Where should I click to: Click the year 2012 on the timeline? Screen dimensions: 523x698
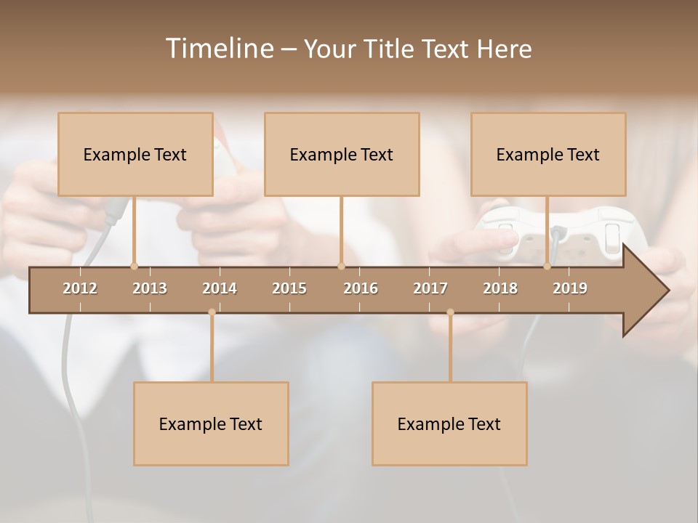(x=80, y=288)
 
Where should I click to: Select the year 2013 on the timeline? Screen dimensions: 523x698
(x=150, y=288)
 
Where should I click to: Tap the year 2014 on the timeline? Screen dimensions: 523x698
(x=220, y=288)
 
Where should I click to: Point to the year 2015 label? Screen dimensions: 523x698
(x=289, y=288)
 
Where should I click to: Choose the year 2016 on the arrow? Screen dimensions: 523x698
(x=361, y=288)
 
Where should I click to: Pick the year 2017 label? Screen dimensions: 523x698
(x=430, y=288)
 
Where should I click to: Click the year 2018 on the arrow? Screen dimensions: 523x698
(x=500, y=288)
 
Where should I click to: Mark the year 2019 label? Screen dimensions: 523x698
(x=570, y=288)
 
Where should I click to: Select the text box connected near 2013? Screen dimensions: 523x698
(x=135, y=154)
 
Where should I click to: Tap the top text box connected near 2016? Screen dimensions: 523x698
(x=342, y=154)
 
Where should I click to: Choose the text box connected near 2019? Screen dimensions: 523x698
(x=548, y=154)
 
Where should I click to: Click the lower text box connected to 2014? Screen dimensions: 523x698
(x=211, y=423)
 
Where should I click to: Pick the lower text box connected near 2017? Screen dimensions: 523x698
(x=449, y=423)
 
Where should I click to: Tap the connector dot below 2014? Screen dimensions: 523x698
(x=212, y=312)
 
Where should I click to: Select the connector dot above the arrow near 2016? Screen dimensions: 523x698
(x=341, y=266)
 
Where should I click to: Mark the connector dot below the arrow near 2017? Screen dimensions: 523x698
(x=450, y=312)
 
